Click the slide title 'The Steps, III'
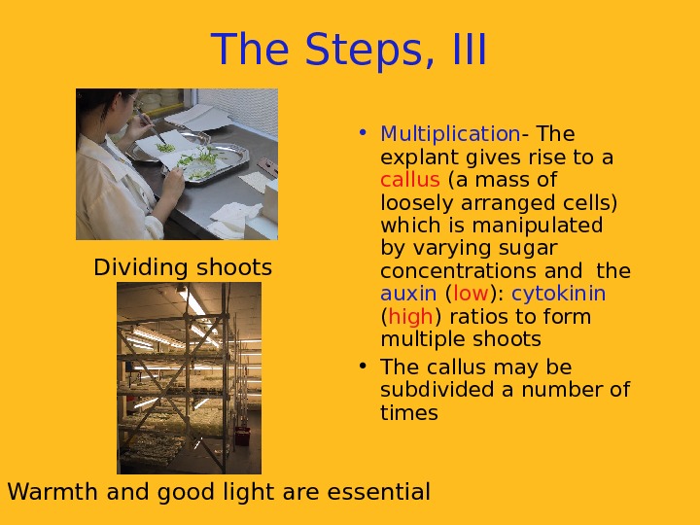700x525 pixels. (349, 50)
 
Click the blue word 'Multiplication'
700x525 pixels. (450, 134)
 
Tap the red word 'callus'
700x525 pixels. (410, 180)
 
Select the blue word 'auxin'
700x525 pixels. (408, 294)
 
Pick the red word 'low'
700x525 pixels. (471, 294)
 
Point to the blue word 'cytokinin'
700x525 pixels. (558, 294)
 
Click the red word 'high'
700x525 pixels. (410, 317)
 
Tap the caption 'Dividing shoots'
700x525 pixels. (183, 267)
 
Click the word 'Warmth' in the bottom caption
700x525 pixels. (52, 492)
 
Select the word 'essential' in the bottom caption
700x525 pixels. (378, 492)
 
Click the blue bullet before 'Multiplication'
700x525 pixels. (363, 132)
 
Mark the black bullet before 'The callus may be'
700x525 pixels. (363, 366)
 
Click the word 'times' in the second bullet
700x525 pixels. (409, 412)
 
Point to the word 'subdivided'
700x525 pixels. (437, 389)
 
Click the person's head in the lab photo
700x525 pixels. (110, 108)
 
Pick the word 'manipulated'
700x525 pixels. (538, 225)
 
